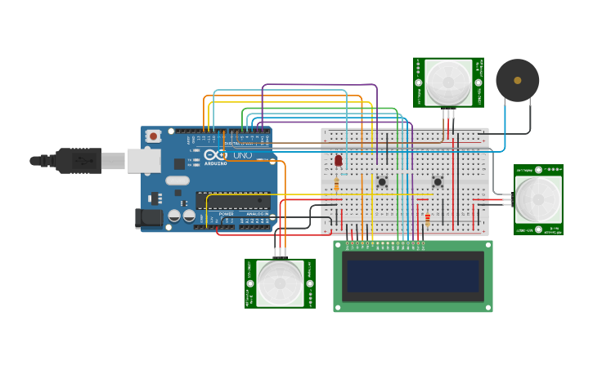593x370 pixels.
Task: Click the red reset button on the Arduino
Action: coord(153,137)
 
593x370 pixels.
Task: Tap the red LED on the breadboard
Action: coord(338,161)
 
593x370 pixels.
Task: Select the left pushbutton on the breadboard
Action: coord(382,181)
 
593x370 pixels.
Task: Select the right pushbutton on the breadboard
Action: coord(438,181)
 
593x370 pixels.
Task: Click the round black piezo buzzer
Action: coord(517,80)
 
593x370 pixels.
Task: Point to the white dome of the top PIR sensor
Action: coord(448,81)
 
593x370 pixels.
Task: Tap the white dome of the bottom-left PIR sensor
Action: coord(280,283)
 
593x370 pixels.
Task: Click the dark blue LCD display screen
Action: coord(413,276)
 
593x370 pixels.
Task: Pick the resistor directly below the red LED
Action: coord(337,185)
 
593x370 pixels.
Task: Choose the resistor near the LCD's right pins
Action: coord(427,218)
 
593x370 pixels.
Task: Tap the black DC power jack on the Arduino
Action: coord(145,218)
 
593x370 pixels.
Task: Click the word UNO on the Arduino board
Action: coord(242,155)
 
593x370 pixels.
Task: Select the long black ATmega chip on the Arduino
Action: coord(232,201)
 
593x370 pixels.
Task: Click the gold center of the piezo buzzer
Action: coord(517,80)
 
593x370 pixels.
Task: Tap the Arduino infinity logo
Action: coord(215,154)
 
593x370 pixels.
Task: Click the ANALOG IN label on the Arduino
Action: coord(257,214)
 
